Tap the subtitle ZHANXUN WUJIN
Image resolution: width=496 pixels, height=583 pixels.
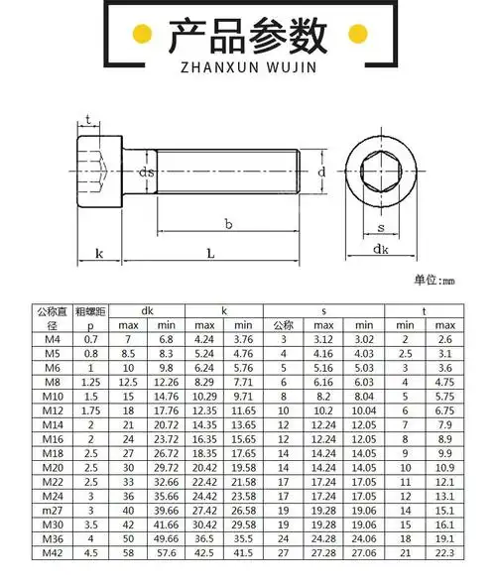pos(247,70)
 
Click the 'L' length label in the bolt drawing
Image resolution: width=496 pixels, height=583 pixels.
pos(210,254)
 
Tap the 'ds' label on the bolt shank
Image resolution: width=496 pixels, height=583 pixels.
pos(146,172)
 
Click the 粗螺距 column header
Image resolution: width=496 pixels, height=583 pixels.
pos(91,310)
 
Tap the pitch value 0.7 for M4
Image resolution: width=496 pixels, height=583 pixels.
pos(91,339)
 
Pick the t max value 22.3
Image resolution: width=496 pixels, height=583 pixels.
pos(443,552)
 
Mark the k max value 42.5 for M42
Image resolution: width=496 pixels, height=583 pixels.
pos(204,552)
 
